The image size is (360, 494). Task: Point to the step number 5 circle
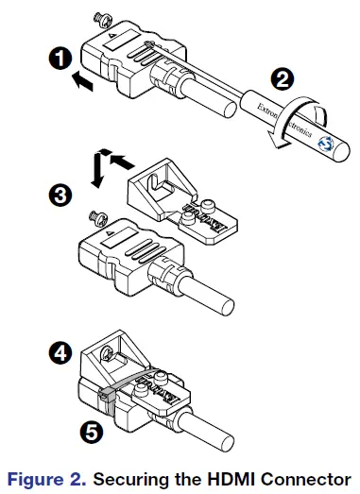tap(90, 433)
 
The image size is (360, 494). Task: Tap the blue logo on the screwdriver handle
tap(324, 143)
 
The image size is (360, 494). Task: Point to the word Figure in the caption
tap(37, 479)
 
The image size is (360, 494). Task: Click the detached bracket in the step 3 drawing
tap(180, 194)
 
